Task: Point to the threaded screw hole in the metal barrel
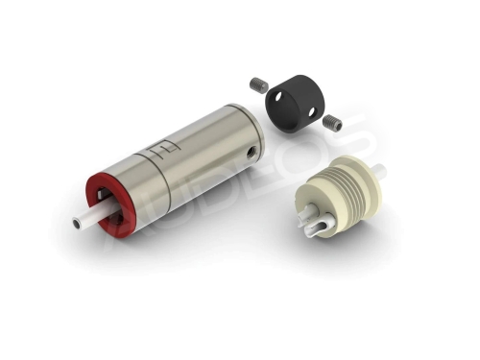252,149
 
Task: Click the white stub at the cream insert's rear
379,170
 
